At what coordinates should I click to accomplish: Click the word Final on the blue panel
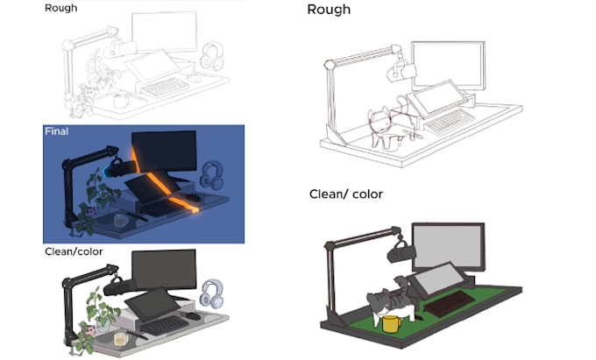[57, 131]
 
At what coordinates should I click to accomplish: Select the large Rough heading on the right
[329, 10]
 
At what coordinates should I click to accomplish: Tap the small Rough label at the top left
[60, 8]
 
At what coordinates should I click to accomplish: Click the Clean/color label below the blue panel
[74, 251]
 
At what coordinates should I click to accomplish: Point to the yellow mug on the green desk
[392, 324]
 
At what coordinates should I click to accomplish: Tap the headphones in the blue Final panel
[212, 175]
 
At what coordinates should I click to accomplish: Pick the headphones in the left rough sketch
[212, 56]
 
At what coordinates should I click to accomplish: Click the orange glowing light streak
[163, 182]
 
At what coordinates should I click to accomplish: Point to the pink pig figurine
[90, 329]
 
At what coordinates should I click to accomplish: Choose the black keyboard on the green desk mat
[450, 303]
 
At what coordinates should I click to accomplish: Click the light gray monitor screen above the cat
[449, 246]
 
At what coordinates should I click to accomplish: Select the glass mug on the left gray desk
[120, 339]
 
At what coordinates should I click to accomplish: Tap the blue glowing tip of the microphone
[106, 171]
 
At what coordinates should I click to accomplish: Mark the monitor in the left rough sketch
[164, 32]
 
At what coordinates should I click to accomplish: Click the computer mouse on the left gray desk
[193, 315]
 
